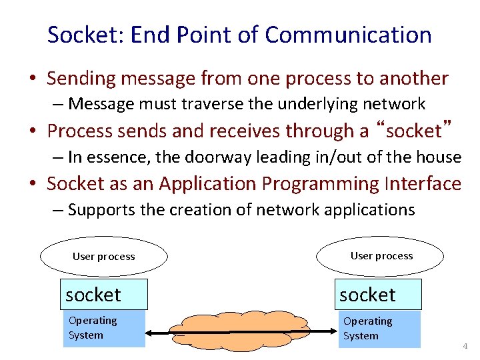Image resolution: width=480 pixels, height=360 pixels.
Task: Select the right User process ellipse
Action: coord(381,256)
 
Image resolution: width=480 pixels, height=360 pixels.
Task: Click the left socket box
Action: coord(103,295)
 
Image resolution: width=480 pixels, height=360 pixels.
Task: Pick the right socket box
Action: coord(378,295)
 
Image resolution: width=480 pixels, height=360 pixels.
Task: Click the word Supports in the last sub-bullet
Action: coord(101,210)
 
